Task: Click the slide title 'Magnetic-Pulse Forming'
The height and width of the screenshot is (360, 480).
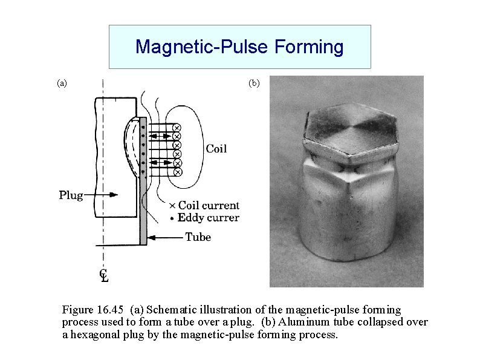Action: pyautogui.click(x=239, y=47)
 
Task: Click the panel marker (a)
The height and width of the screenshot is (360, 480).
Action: pyautogui.click(x=62, y=82)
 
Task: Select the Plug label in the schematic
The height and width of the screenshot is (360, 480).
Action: pyautogui.click(x=71, y=195)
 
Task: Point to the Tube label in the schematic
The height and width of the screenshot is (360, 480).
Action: pyautogui.click(x=198, y=237)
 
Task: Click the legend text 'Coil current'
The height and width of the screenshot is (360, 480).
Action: pyautogui.click(x=209, y=206)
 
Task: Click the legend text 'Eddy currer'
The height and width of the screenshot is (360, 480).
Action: pyautogui.click(x=209, y=218)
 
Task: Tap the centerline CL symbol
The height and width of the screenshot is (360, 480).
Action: pyautogui.click(x=104, y=275)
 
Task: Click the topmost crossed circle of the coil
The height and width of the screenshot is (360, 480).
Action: pyautogui.click(x=177, y=128)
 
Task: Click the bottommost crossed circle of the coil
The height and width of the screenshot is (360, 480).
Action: pyautogui.click(x=177, y=172)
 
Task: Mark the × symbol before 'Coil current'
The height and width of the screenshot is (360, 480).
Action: pyautogui.click(x=172, y=206)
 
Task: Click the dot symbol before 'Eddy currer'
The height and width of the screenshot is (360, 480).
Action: pyautogui.click(x=172, y=218)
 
